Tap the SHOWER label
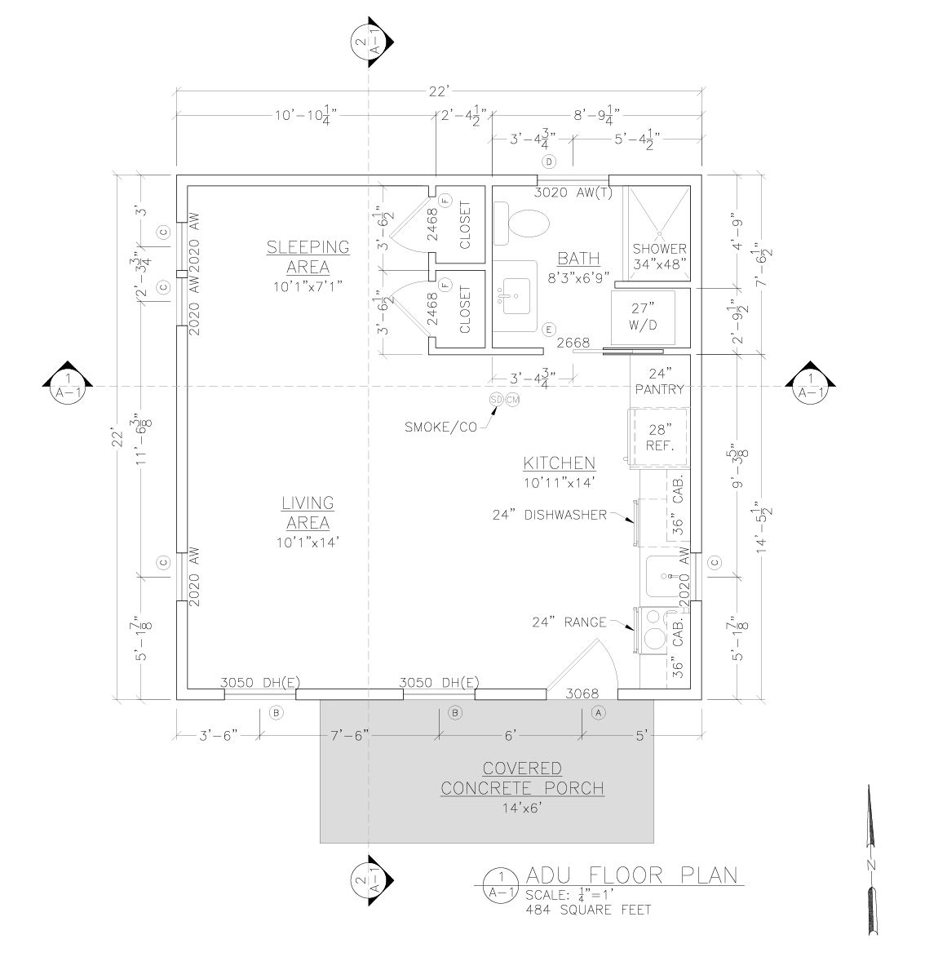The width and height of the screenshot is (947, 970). (659, 249)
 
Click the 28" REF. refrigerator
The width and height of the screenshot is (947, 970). (659, 437)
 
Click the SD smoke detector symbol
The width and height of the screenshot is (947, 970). (496, 399)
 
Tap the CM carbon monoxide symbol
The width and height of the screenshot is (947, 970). (512, 399)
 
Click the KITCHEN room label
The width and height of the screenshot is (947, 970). (559, 463)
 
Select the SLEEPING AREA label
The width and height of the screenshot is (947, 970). (308, 257)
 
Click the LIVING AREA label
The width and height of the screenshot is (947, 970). (308, 513)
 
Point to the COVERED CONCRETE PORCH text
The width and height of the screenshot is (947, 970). (522, 778)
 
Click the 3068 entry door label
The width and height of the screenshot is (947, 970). (582, 693)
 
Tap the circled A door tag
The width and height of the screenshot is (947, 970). (598, 713)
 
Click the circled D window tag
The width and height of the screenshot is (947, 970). (549, 162)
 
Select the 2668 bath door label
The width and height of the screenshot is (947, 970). (573, 343)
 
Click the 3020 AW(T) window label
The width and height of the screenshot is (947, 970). (573, 193)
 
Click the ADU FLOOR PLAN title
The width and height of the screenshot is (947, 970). (632, 876)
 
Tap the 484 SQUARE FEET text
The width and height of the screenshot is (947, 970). (588, 910)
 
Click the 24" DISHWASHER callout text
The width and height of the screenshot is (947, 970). (550, 515)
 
